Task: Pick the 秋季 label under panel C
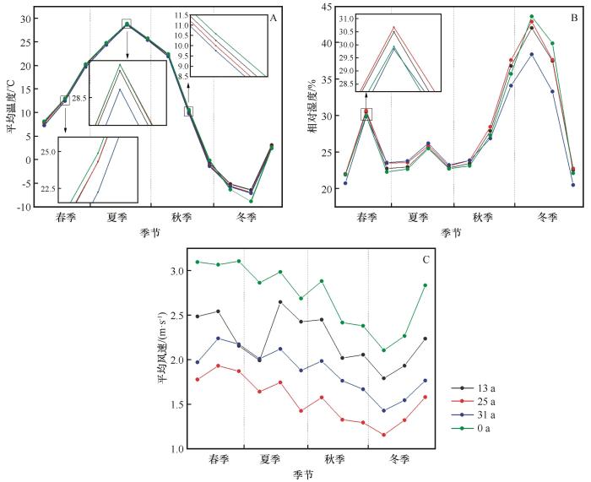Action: point(335,460)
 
